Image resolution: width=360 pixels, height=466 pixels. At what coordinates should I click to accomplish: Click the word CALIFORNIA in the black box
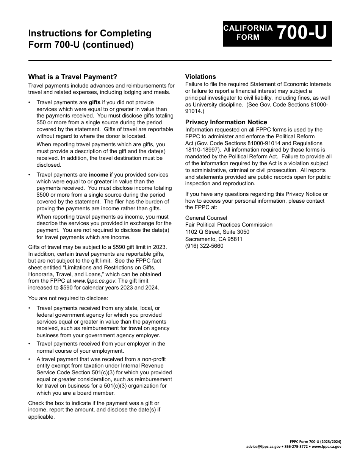coord(248,28)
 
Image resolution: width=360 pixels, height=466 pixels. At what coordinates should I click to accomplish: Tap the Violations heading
coord(200,77)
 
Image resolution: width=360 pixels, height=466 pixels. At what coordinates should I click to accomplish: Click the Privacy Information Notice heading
coord(226,122)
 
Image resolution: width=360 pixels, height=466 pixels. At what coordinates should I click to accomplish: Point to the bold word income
coord(98,175)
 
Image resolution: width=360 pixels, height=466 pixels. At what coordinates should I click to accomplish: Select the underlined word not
coord(53,298)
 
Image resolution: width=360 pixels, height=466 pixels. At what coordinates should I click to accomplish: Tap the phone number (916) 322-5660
coord(204,246)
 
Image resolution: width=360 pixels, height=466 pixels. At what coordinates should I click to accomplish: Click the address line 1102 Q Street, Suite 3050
coord(217,232)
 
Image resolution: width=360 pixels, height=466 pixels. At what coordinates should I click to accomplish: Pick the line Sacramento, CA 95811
coord(214,239)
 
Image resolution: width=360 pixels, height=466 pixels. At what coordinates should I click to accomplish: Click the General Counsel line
coord(206,218)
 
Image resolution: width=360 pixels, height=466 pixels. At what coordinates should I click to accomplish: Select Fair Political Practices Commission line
coord(229,225)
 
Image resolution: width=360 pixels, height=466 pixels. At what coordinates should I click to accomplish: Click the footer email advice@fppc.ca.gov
coord(263,447)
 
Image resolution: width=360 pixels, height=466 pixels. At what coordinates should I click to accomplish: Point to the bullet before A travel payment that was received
coord(30,359)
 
